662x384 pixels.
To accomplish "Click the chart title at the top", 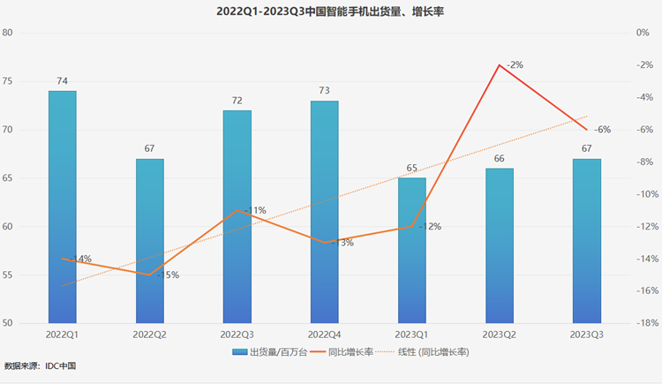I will click(x=330, y=12).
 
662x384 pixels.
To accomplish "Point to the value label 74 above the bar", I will click(x=62, y=81).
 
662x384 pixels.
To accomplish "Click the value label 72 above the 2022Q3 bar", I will click(x=237, y=101).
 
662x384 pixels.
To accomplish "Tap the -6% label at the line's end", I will click(x=603, y=130).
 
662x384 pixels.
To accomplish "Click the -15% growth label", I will click(x=167, y=275).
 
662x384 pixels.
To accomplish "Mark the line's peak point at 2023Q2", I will click(x=499, y=65).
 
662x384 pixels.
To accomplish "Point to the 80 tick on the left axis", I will click(x=32, y=33).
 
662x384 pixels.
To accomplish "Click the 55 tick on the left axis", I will click(x=32, y=275).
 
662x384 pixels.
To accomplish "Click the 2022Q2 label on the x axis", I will click(x=149, y=335).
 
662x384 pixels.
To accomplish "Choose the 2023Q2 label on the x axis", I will click(x=499, y=335).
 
